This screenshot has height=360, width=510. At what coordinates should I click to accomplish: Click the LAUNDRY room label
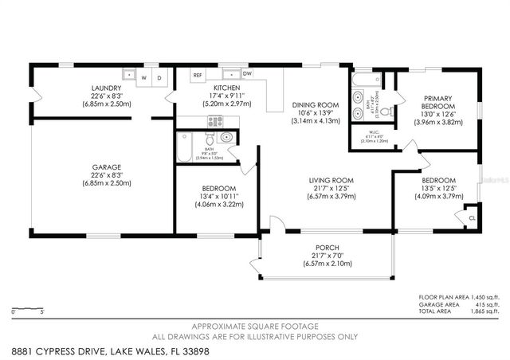tap(105, 87)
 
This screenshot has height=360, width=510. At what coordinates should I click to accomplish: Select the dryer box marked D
tap(159, 78)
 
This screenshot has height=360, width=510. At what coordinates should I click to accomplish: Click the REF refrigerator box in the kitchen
tap(198, 75)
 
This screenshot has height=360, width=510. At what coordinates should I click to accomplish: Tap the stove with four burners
tap(216, 121)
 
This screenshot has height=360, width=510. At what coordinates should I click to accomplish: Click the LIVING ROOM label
tap(331, 181)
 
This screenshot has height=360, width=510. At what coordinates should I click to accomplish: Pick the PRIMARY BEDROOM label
tap(437, 101)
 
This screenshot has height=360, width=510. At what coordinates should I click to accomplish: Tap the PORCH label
tap(328, 247)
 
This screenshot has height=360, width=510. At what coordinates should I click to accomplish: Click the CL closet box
tap(472, 217)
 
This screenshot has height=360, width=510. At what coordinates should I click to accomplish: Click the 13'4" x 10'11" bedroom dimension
tap(218, 197)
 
